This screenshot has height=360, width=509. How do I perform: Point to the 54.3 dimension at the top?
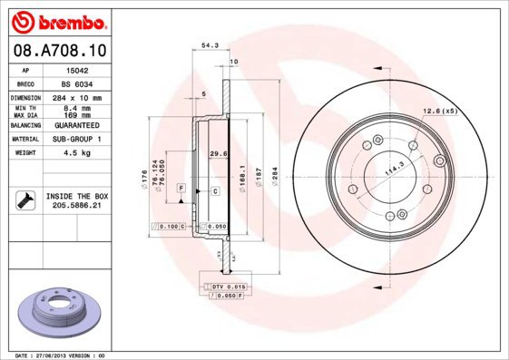(209, 44)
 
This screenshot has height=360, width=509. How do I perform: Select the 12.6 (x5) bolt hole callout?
(439, 112)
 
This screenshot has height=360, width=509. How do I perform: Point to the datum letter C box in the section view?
(215, 191)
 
